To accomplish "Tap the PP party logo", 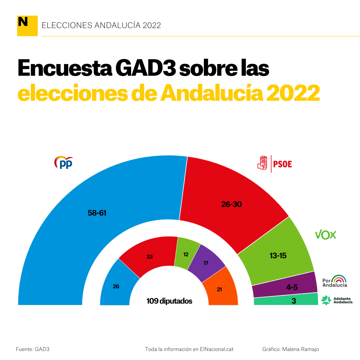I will [x=63, y=162].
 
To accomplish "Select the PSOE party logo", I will [x=275, y=163].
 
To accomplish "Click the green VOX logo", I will [x=326, y=235].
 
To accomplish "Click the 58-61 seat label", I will [x=97, y=213].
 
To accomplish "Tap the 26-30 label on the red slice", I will [x=231, y=204].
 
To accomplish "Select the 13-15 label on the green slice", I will [x=278, y=256].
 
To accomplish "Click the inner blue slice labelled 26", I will [x=116, y=286].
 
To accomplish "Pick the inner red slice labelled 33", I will [x=149, y=257].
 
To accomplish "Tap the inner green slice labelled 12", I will [x=186, y=254].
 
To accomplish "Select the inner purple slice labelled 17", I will [x=206, y=263].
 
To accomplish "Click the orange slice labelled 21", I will [x=219, y=290].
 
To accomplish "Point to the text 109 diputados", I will [x=169, y=301].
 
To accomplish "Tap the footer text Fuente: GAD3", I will [x=33, y=349].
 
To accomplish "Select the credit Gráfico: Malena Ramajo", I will [x=291, y=349].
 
